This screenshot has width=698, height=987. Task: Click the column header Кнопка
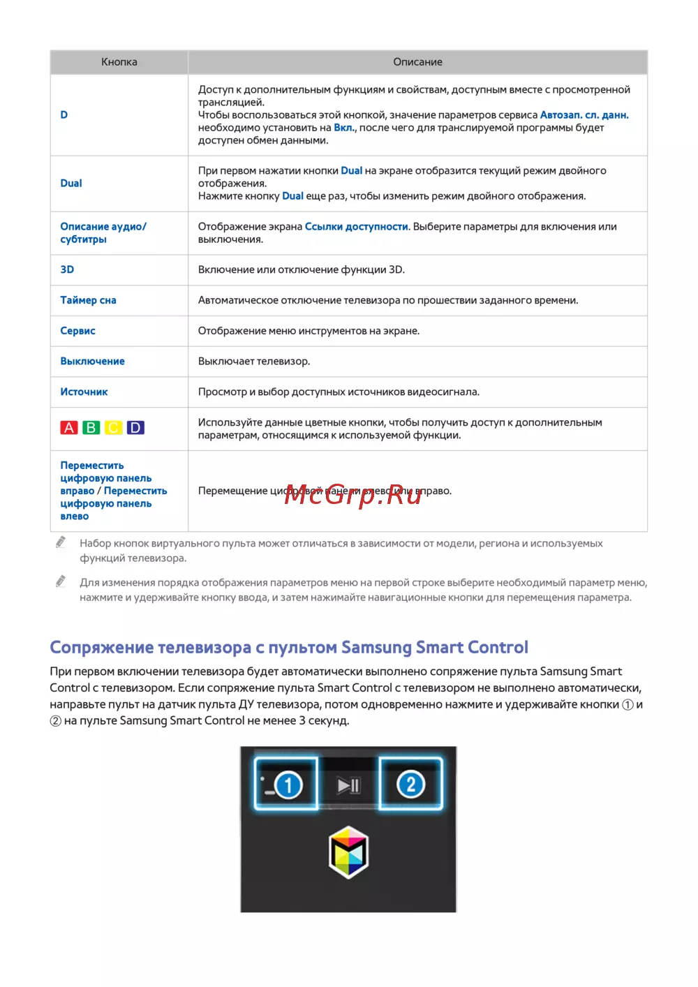click(119, 62)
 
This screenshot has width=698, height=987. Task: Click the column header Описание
click(417, 62)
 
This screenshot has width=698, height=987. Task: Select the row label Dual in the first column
click(71, 184)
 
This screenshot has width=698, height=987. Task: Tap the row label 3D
click(67, 269)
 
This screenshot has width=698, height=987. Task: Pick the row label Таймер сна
click(88, 300)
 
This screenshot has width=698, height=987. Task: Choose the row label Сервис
click(77, 331)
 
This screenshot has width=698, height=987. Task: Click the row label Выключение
click(92, 362)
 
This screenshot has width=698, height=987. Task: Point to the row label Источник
click(84, 392)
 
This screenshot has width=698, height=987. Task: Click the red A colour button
click(69, 428)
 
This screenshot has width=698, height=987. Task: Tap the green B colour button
click(91, 428)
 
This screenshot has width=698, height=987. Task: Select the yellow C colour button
click(114, 428)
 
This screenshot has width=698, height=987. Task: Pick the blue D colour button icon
click(136, 428)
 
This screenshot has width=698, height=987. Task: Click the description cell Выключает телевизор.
click(254, 362)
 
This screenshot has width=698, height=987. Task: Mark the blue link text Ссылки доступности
click(356, 227)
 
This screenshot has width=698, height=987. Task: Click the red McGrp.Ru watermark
click(353, 494)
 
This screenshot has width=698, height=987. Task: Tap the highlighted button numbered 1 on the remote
click(286, 785)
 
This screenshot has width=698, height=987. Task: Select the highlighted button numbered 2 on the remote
click(410, 785)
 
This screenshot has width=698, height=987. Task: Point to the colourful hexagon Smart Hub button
click(348, 852)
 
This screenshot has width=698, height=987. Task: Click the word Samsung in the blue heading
click(377, 648)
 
